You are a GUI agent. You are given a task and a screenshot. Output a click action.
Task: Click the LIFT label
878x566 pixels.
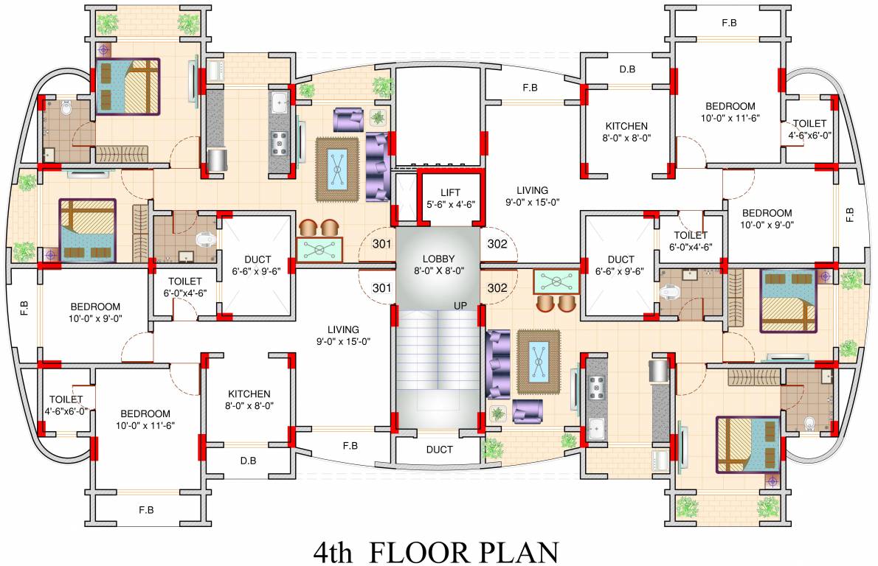(x=450, y=193)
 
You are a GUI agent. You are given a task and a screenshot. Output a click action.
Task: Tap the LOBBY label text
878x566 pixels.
(x=438, y=259)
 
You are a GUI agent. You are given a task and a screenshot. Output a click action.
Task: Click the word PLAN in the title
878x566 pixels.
(x=516, y=551)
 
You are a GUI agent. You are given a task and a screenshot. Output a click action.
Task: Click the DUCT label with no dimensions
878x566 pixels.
(x=439, y=449)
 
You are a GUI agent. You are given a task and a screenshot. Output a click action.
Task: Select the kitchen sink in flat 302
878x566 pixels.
(x=596, y=428)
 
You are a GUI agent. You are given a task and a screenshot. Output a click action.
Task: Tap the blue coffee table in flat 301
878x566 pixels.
(x=338, y=169)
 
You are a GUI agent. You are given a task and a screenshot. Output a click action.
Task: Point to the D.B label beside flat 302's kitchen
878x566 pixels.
(x=627, y=70)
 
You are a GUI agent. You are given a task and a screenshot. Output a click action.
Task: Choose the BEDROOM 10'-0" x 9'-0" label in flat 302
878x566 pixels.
(x=767, y=219)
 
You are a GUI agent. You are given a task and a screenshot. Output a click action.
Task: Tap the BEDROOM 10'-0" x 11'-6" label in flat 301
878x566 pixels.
(x=145, y=419)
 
